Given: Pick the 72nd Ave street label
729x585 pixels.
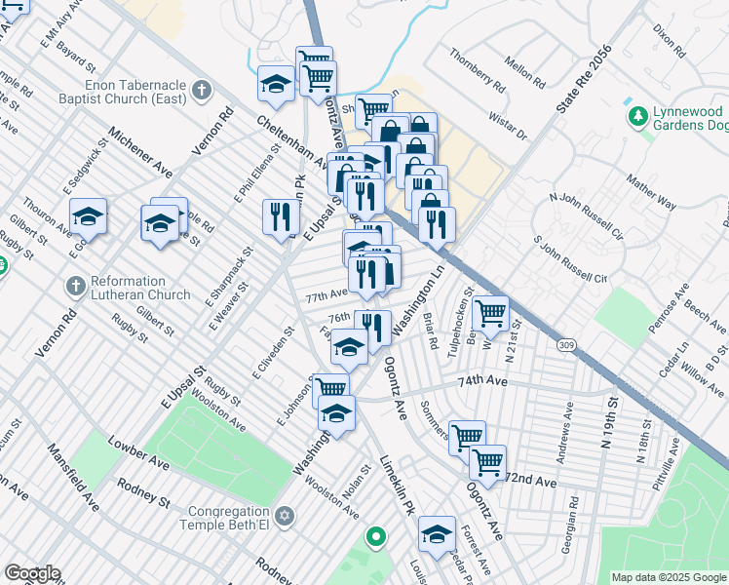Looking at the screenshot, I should [530, 482].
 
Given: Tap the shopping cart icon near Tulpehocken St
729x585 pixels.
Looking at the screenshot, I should [490, 313].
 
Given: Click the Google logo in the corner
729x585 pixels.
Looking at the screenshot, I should [32, 573].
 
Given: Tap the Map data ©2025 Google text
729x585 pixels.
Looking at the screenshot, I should [668, 577].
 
